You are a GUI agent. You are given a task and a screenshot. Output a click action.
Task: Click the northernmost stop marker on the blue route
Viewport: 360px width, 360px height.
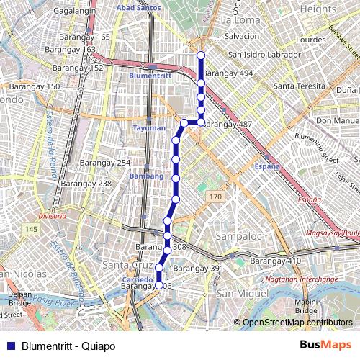pyautogui.click(x=201, y=55)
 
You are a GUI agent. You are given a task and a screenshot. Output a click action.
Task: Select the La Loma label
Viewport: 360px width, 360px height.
pyautogui.click(x=240, y=20)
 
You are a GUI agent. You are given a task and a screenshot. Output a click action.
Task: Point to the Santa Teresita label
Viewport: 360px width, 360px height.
pyautogui.click(x=297, y=85)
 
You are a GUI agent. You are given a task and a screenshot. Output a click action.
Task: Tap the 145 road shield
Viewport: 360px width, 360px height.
pyautogui.click(x=30, y=229)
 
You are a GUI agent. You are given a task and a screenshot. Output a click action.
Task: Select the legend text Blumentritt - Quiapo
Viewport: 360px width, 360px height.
pyautogui.click(x=68, y=346)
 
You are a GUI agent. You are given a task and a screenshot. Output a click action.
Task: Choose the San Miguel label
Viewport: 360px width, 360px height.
pyautogui.click(x=239, y=294)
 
